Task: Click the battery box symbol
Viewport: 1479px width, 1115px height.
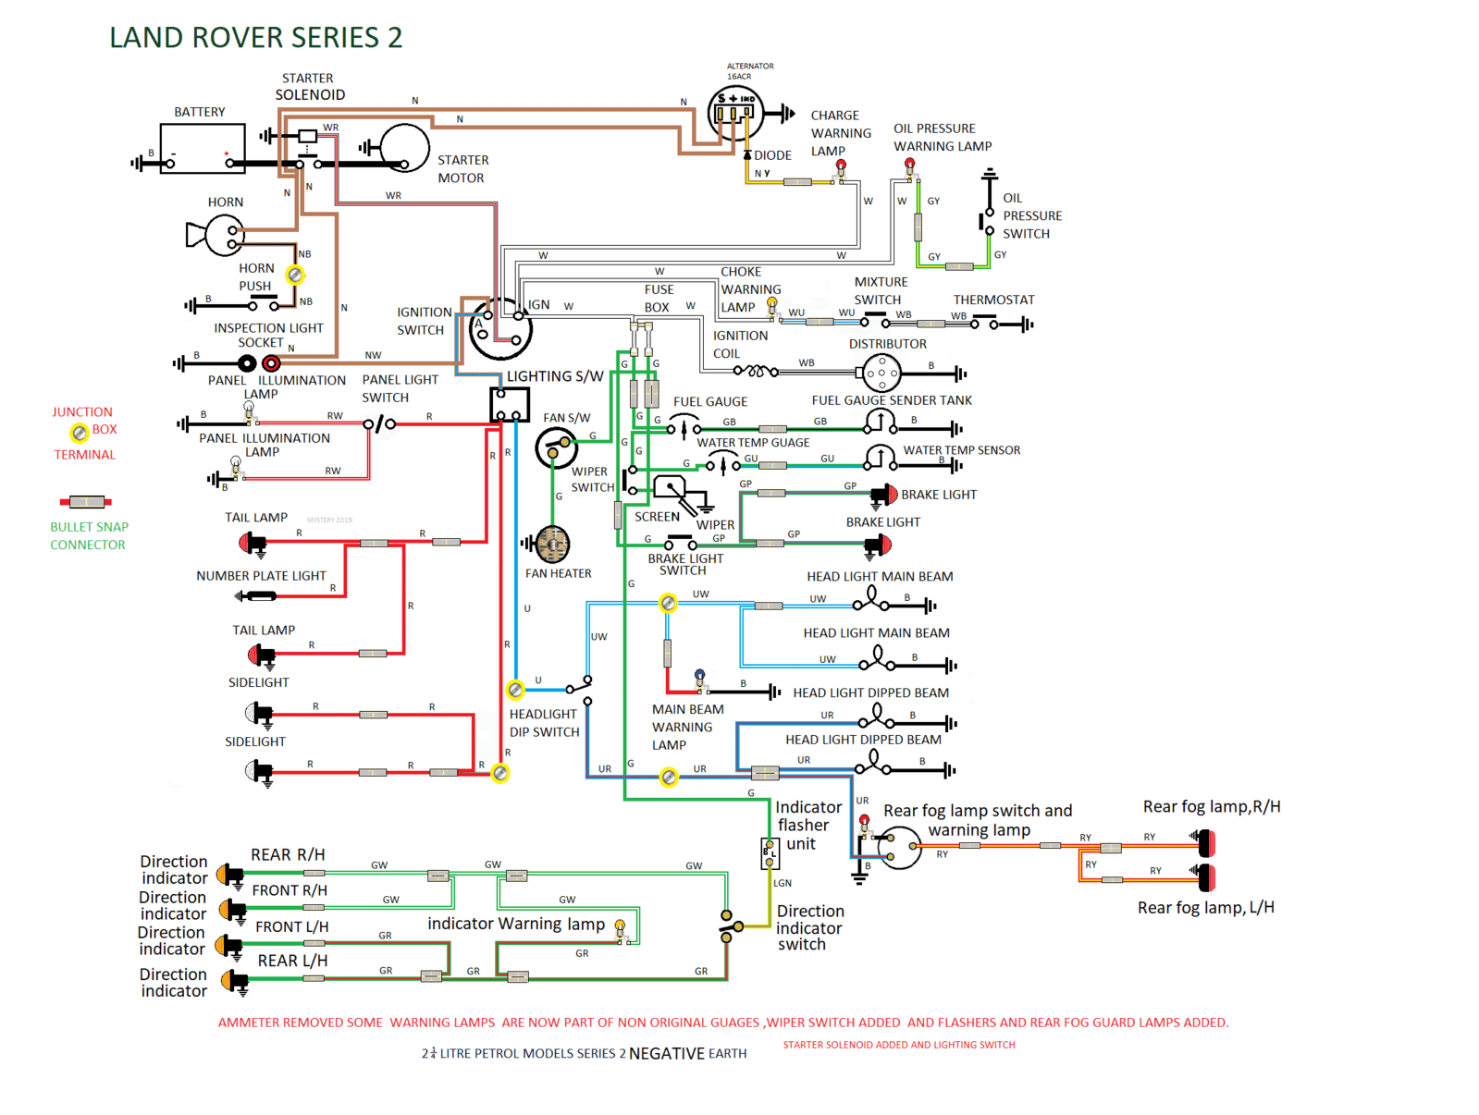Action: pos(203,149)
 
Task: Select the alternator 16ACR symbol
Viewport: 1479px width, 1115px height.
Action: pos(735,112)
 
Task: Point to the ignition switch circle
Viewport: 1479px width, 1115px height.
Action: pos(500,329)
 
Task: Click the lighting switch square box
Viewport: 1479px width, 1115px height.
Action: pos(510,404)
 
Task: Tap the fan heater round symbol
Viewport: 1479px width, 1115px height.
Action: pos(552,545)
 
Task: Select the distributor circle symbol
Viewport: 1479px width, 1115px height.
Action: pos(881,374)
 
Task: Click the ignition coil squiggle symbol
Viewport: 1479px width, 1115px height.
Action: pos(755,372)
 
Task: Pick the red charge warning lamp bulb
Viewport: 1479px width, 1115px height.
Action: pos(841,166)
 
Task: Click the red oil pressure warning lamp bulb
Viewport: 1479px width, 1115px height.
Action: pos(910,165)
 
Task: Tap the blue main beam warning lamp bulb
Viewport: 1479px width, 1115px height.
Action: pos(699,677)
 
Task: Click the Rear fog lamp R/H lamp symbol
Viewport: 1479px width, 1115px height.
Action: pos(1205,842)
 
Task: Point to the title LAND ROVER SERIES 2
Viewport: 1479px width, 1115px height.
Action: pos(256,38)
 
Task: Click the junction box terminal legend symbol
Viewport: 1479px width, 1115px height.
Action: pos(80,433)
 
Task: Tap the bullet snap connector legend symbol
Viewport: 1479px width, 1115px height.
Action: pos(86,502)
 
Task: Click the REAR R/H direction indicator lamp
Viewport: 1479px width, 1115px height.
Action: pos(230,874)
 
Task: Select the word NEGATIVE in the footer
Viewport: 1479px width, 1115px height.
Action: pos(666,1054)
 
